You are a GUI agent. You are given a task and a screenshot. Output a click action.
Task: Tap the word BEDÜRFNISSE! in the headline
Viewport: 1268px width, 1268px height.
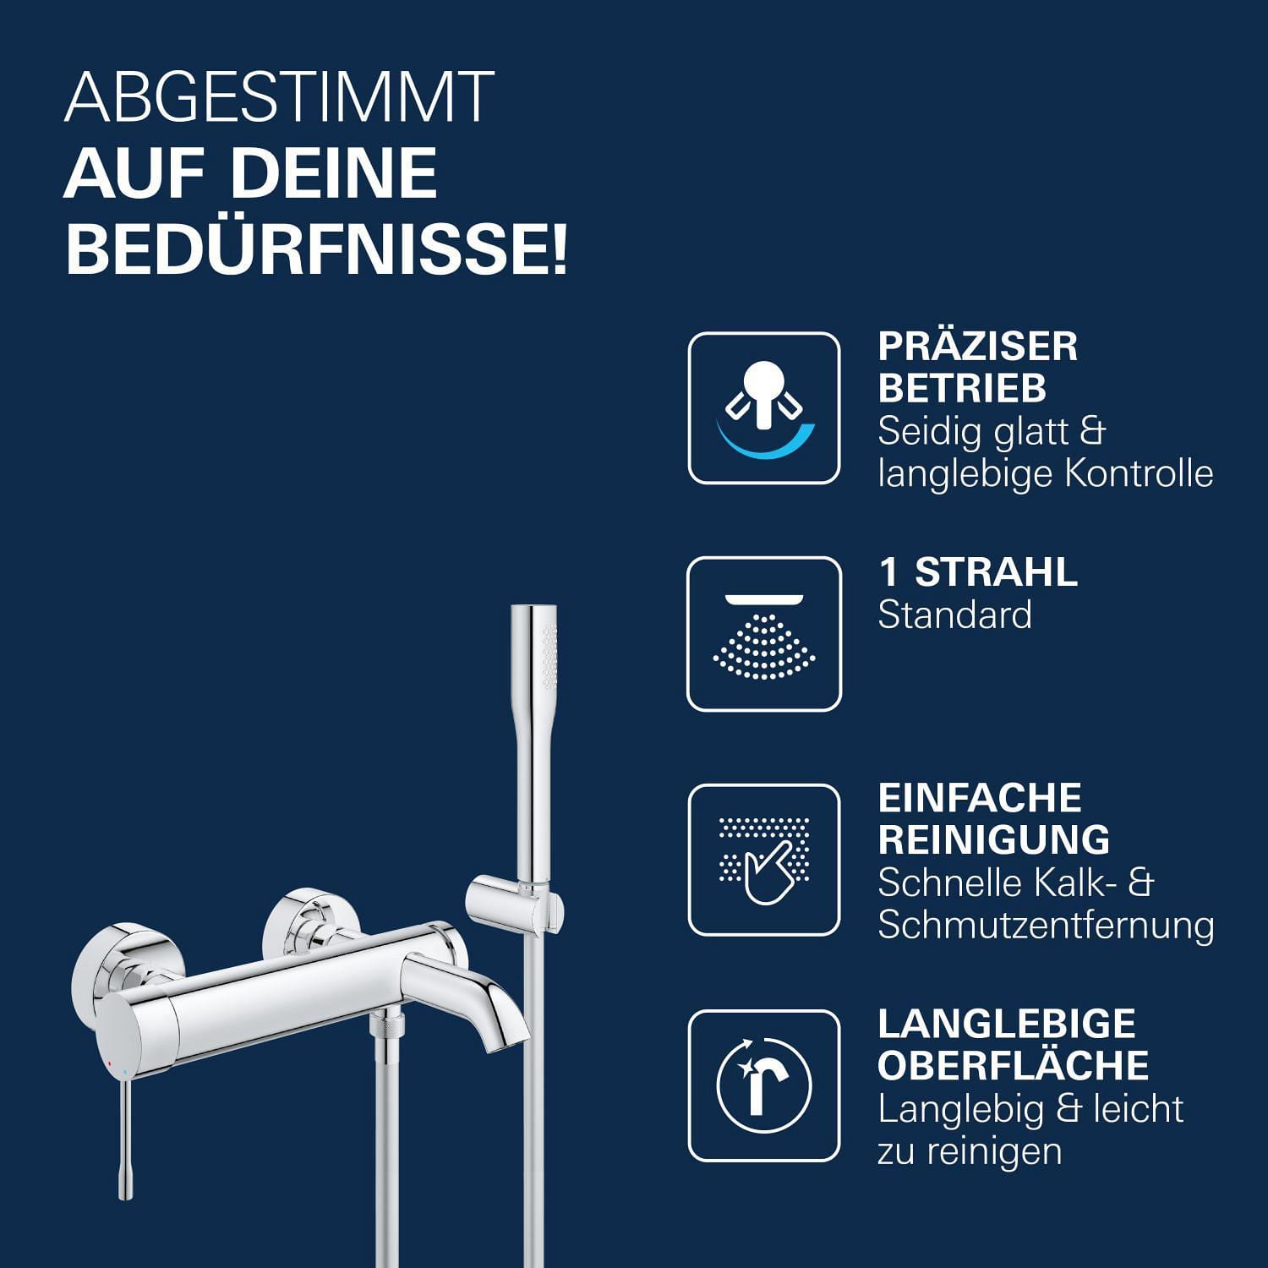point(317,248)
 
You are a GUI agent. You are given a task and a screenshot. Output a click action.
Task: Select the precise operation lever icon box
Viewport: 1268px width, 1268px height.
point(764,408)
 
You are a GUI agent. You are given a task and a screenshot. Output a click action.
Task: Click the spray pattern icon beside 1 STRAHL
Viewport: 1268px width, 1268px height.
point(764,634)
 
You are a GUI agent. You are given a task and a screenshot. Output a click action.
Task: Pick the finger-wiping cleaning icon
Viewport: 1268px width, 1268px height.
point(764,860)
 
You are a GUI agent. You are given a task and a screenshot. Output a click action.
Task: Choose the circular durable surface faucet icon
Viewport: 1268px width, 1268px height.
point(764,1085)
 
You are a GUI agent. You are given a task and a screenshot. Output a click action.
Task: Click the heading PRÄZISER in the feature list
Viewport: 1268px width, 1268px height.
point(978,346)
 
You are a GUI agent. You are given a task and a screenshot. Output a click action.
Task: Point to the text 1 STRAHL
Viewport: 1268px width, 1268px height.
point(979,572)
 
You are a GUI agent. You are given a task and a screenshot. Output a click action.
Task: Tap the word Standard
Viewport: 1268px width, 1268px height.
point(955,615)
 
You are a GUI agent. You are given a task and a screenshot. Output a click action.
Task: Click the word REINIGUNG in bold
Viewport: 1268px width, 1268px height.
point(994,839)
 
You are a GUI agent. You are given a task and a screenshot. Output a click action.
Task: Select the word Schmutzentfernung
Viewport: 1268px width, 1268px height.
point(1047,925)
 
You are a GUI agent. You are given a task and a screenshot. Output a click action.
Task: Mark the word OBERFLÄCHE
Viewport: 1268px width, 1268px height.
point(1014,1065)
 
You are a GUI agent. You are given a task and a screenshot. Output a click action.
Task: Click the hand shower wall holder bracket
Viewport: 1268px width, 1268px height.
point(515,901)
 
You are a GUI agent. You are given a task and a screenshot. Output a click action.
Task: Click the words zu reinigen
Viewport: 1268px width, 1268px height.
point(970,1151)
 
